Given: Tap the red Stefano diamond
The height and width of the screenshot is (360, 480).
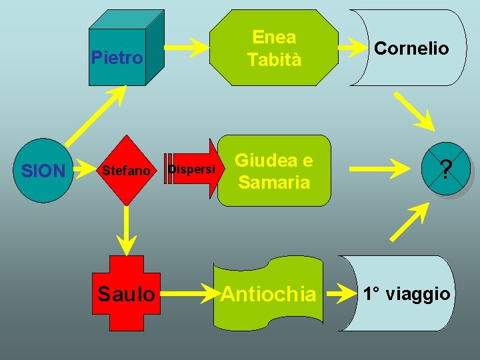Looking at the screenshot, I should [x=125, y=171].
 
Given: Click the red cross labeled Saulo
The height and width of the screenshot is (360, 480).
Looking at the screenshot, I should [x=126, y=293].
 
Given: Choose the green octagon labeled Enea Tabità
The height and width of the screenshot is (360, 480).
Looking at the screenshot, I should [x=274, y=48].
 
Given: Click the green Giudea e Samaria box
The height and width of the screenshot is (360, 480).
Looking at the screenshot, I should [x=274, y=171].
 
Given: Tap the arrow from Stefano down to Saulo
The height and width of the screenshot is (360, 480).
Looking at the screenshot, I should [x=125, y=227].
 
